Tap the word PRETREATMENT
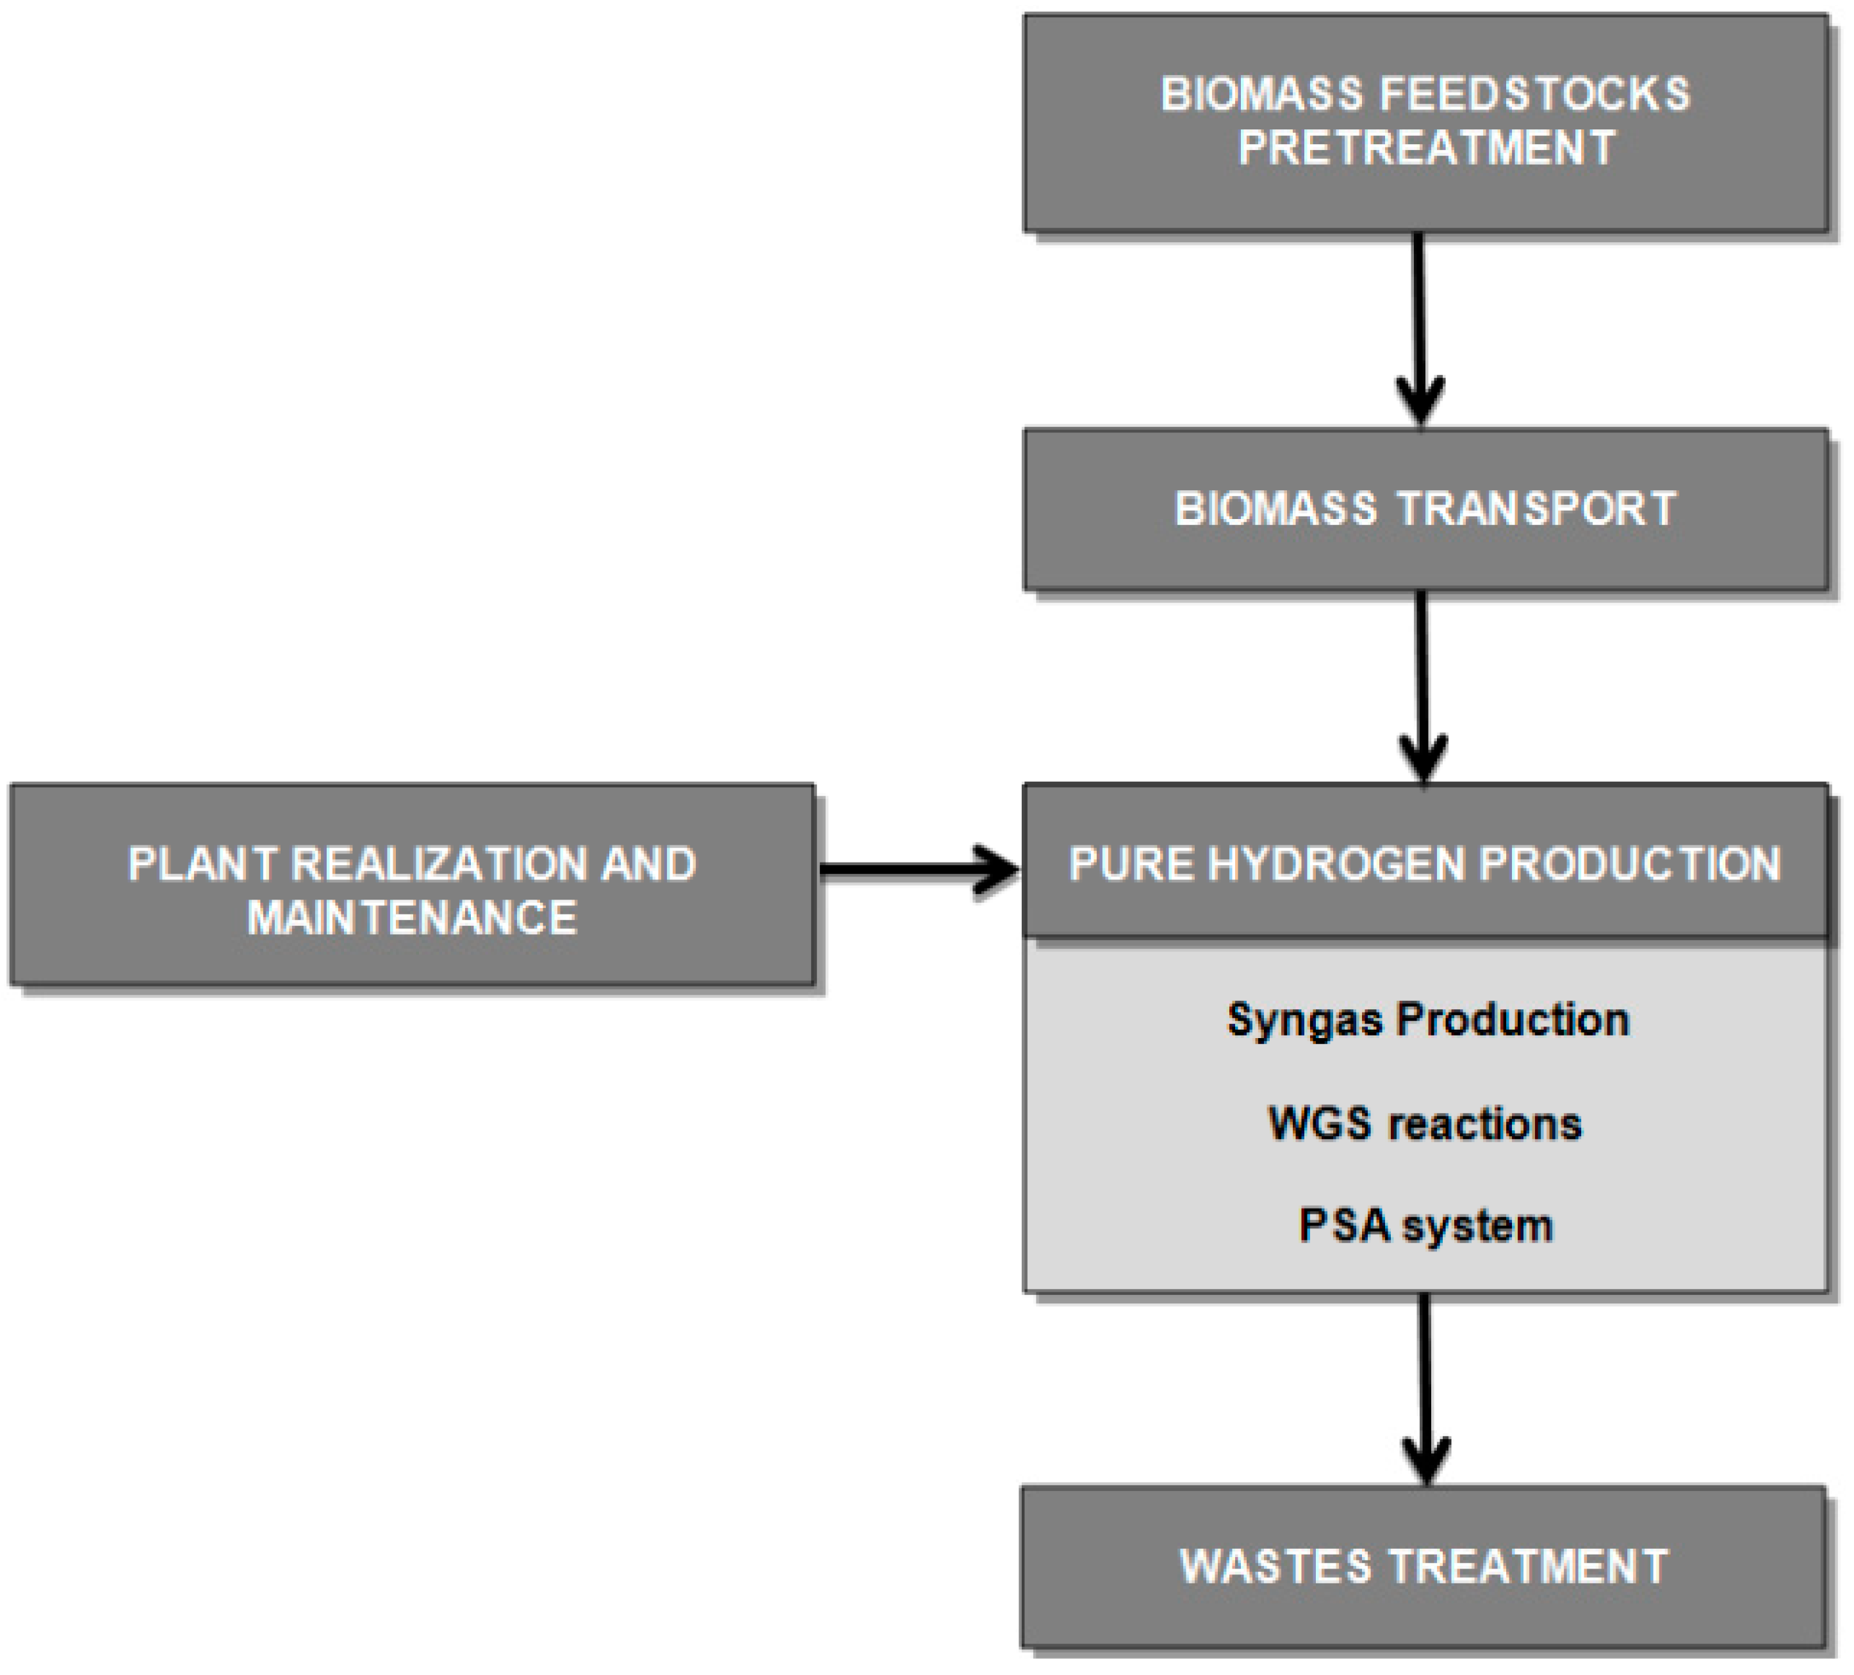click(x=1426, y=148)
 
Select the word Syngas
click(x=1305, y=1019)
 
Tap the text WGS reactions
click(x=1425, y=1123)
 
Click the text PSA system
click(x=1425, y=1226)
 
